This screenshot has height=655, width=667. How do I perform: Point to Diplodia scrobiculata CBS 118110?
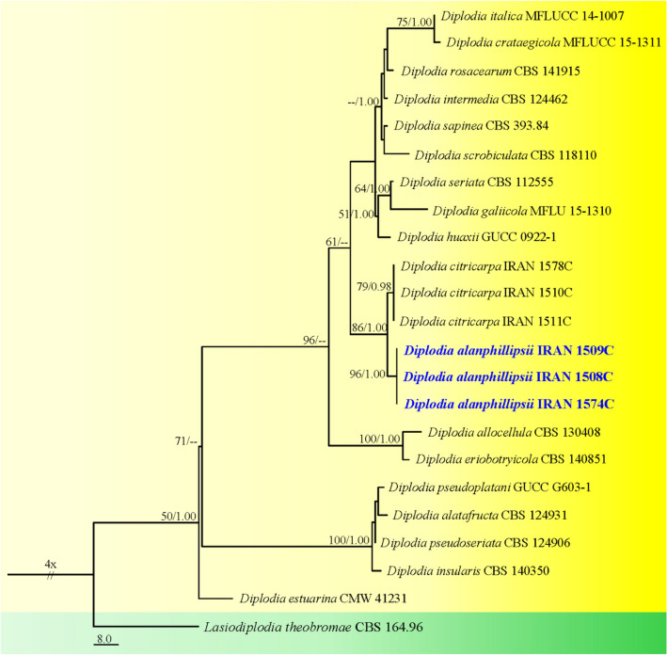coord(490,154)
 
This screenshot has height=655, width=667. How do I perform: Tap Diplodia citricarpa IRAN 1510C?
coord(473,294)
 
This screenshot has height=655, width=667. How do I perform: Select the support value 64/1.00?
coord(373,188)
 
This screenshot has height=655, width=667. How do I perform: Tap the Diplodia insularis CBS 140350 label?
coord(461,568)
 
